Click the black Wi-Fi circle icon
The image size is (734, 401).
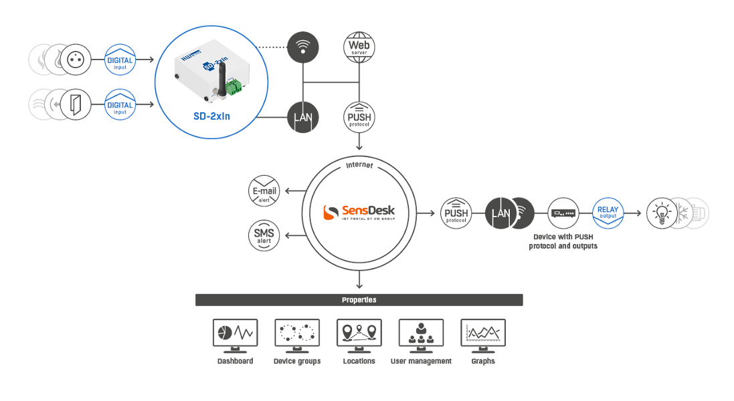[303, 47]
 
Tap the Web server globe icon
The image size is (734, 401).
[359, 47]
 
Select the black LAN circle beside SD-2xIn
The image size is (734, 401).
[303, 118]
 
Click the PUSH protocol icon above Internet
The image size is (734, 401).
[359, 118]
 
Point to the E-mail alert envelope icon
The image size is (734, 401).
[264, 190]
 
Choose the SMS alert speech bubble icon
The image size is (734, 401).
[264, 235]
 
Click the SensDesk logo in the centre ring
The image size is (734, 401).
[359, 212]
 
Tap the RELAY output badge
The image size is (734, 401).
[608, 213]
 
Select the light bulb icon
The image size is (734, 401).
[662, 213]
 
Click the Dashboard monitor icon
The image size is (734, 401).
[235, 336]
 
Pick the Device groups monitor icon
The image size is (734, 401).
[297, 336]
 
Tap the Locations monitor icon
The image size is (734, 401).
[359, 336]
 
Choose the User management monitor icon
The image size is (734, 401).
[422, 336]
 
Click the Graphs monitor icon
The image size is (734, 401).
[483, 336]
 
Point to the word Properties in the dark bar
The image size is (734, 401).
[359, 300]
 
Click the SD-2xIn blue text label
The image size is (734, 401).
[211, 116]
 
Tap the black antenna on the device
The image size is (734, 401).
[222, 80]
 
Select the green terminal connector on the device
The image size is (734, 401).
[234, 86]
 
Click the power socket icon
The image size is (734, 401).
[76, 59]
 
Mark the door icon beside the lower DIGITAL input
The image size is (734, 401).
[76, 105]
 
